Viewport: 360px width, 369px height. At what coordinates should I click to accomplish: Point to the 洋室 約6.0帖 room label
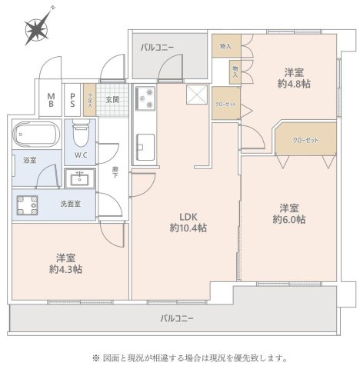pyautogui.click(x=288, y=213)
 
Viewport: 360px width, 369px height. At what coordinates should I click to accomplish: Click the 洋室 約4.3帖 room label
pyautogui.click(x=65, y=264)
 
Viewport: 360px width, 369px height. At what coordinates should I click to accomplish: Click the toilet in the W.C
pyautogui.click(x=81, y=135)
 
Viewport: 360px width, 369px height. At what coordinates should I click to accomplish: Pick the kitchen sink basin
pyautogui.click(x=145, y=145)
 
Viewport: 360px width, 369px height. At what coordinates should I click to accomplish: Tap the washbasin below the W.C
pyautogui.click(x=79, y=178)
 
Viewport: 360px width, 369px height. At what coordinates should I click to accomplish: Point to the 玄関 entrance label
pyautogui.click(x=112, y=99)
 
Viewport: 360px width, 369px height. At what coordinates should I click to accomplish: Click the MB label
pyautogui.click(x=52, y=98)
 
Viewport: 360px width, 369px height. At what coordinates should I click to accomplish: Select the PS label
pyautogui.click(x=73, y=98)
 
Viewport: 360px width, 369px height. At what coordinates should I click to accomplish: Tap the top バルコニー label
pyautogui.click(x=157, y=48)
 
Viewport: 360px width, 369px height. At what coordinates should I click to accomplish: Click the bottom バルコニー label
pyautogui.click(x=177, y=317)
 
